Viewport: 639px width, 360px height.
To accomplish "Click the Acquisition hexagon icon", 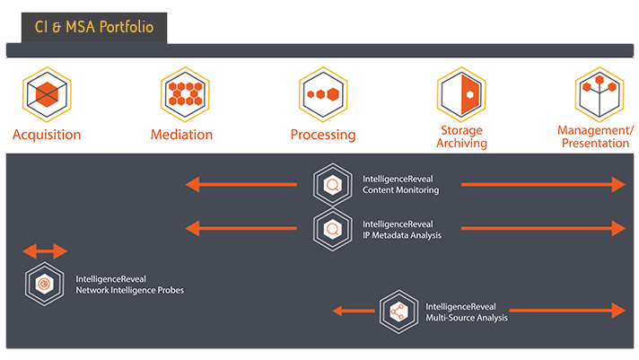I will click(47, 94).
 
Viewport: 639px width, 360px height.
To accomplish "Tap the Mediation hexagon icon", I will click(185, 94).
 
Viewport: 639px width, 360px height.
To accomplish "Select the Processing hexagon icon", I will click(323, 94).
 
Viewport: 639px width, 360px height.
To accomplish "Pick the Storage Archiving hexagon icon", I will click(461, 94).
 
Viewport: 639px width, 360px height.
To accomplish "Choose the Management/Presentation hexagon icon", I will click(599, 94).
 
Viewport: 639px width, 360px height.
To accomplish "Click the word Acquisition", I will click(47, 135).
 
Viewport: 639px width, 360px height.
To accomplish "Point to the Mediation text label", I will click(182, 135).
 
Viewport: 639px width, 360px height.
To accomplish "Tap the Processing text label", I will click(323, 136).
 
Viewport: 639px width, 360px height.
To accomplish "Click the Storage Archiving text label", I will click(463, 136).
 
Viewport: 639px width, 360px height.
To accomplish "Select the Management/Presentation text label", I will click(595, 136).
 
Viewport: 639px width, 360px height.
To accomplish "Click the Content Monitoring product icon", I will click(332, 185).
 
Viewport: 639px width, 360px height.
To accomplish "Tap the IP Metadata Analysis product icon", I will click(332, 229).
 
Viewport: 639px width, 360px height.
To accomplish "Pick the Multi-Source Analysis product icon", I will click(398, 311).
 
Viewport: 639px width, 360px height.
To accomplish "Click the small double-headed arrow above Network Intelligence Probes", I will click(45, 251).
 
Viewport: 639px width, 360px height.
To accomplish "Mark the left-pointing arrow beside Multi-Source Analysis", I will click(354, 311).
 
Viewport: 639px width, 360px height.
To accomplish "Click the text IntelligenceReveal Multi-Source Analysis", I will click(467, 312).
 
